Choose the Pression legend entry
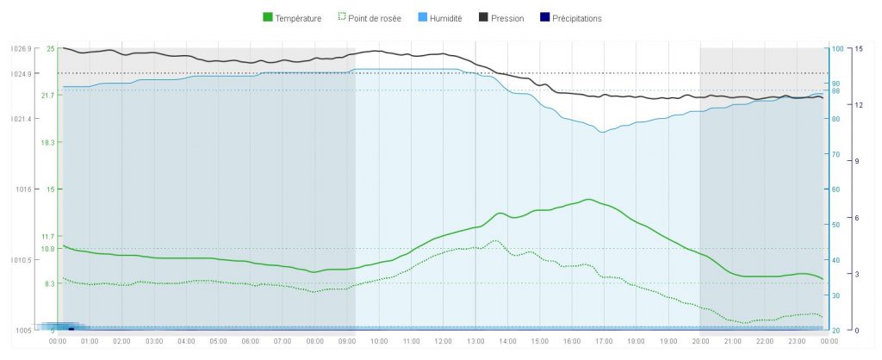click(506, 18)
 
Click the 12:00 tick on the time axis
click(443, 342)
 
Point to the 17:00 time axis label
click(603, 342)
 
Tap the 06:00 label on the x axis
click(250, 342)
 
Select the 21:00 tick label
click(731, 342)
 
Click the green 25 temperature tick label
click(51, 49)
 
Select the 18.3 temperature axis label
click(48, 142)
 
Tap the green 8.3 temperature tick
click(50, 283)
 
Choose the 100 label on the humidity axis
click(836, 49)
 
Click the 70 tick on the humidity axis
click(835, 154)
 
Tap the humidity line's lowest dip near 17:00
click(602, 132)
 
